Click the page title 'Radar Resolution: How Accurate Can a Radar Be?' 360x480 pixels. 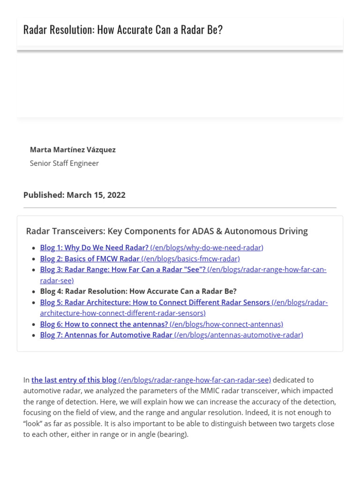click(123, 30)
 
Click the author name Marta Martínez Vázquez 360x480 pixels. click(73, 150)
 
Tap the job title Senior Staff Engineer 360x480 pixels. click(64, 163)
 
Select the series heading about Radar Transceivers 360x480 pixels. click(167, 231)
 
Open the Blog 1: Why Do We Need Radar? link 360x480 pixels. click(94, 247)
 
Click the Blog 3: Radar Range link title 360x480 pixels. click(123, 270)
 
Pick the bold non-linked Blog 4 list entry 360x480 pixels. click(138, 291)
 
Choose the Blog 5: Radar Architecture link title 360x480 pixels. click(155, 302)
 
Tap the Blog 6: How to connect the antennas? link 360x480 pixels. click(104, 324)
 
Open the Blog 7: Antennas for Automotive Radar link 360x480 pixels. click(106, 335)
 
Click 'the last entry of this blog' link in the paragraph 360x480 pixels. click(74, 380)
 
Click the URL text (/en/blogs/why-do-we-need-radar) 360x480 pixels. click(207, 247)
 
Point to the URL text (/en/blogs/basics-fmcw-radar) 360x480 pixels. click(190, 259)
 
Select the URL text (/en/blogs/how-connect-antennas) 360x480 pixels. click(226, 324)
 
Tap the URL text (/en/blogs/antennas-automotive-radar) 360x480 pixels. click(239, 335)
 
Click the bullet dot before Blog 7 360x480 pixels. click(33, 335)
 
